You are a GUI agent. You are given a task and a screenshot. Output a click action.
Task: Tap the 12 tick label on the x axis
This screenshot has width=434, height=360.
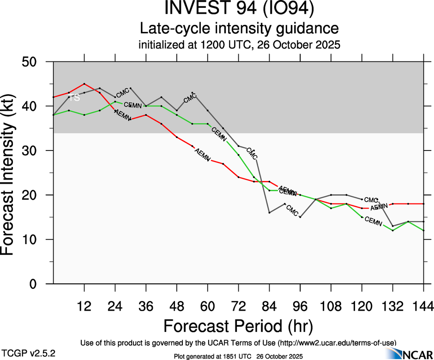coord(84,306)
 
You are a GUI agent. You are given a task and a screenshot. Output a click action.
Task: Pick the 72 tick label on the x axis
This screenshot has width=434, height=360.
coord(238,306)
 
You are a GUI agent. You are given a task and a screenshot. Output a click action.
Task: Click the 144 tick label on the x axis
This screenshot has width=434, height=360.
coord(423,306)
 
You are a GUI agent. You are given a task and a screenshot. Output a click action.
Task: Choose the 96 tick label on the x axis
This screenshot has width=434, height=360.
coord(300,306)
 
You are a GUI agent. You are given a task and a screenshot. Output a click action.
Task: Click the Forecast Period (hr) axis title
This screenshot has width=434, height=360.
coord(238,326)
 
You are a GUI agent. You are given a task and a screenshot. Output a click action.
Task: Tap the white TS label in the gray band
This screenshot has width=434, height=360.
coord(75,97)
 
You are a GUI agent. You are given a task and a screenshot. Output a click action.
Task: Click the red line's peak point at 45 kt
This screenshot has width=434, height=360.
coord(84,84)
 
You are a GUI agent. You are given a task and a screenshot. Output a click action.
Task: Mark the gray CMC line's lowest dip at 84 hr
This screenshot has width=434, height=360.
coord(269,212)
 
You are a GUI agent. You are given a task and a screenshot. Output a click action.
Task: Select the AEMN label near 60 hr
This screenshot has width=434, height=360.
coord(203,154)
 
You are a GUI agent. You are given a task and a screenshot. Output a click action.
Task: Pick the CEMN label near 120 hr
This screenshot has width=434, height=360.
coord(373,221)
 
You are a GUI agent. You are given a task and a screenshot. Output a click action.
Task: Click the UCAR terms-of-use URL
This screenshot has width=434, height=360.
coord(337,342)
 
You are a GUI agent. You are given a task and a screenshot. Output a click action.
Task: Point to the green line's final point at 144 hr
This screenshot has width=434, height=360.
coord(423,230)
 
